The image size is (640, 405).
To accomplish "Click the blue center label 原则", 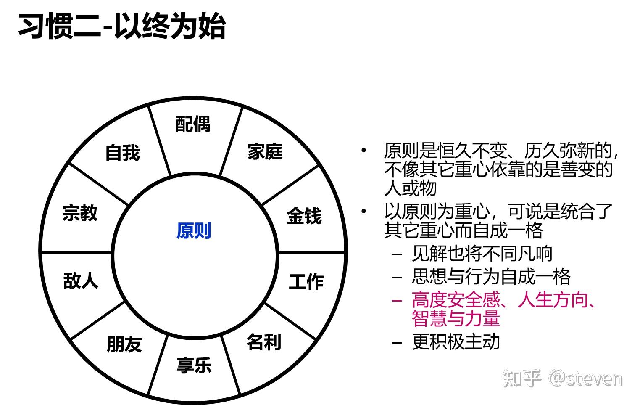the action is coord(193,231).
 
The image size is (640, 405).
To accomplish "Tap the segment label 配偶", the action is coord(193,124).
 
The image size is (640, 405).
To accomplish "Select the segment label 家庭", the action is coord(265,152).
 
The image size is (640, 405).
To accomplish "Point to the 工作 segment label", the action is coord(306,282).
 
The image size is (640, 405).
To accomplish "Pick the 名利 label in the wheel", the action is coord(263,342).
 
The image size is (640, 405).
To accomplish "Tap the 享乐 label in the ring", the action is coord(194,365).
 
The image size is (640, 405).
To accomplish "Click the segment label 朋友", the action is coord(124,344).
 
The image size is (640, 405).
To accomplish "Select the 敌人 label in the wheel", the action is coord(80,281).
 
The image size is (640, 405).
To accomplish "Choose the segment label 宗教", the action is coord(80,213).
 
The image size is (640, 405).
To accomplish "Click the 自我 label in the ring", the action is coord(122,153).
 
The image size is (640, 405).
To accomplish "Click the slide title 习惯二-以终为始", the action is coord(122,26).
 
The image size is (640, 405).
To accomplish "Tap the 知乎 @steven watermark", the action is coord(562,378).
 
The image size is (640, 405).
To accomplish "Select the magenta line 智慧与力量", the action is coord(456,318).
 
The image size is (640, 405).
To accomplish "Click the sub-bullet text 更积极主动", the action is coord(456,342).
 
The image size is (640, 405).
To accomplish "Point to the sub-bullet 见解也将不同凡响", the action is coord(482,254).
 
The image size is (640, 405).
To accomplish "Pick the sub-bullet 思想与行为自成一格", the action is coord(491,277).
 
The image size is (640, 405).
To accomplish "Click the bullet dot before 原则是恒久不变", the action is coord(363,150).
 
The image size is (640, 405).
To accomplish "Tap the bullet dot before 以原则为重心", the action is coord(363,211).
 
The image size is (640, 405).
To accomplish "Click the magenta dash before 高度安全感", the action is coord(397,301).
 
